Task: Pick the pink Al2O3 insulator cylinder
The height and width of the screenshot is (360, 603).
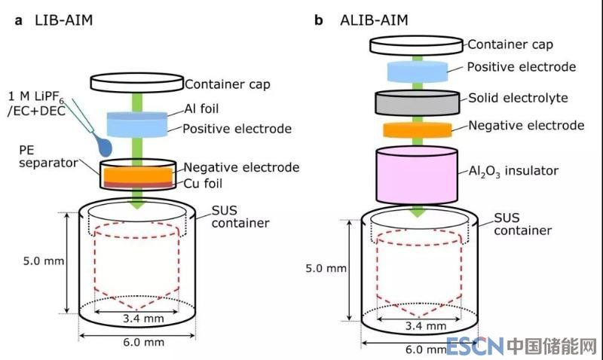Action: click(418, 173)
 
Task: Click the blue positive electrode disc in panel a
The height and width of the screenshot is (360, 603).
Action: click(138, 123)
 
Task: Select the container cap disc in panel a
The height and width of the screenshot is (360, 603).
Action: click(136, 81)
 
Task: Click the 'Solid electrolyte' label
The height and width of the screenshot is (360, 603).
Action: click(518, 98)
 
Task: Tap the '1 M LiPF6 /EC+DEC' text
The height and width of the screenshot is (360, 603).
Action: click(43, 105)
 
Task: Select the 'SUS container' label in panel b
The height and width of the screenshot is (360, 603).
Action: click(521, 224)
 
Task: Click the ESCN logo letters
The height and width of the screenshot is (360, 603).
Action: click(475, 346)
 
